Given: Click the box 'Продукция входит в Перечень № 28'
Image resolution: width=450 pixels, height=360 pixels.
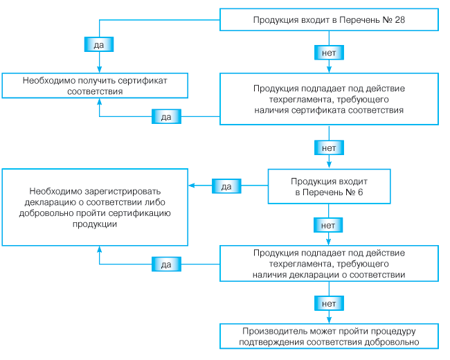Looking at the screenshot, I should point(329,19).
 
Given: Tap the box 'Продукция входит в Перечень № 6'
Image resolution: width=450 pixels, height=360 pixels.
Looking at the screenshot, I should point(329,186).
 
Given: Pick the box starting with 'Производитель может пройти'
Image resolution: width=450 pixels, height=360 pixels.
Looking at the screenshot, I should point(329,336).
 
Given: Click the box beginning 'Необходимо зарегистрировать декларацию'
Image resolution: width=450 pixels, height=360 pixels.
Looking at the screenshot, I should point(95,206).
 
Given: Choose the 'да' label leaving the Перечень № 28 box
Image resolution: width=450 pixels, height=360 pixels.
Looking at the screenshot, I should point(98,44).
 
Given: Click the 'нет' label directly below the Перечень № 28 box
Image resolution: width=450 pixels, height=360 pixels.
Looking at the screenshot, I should point(329,53).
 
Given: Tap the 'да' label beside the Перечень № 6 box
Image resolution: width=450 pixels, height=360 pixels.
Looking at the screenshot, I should point(226,186).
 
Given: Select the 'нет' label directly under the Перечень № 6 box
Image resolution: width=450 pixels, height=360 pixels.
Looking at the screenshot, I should point(329,224).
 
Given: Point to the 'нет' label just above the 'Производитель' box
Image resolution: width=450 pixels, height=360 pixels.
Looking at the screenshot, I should point(329,303).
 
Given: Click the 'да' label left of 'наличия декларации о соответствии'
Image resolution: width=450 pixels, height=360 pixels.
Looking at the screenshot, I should point(166,264).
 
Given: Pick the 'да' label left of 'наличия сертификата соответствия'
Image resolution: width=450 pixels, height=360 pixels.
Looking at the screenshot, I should point(166,116).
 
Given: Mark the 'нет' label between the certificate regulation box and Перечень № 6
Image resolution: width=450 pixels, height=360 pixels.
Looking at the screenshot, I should point(329,147).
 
